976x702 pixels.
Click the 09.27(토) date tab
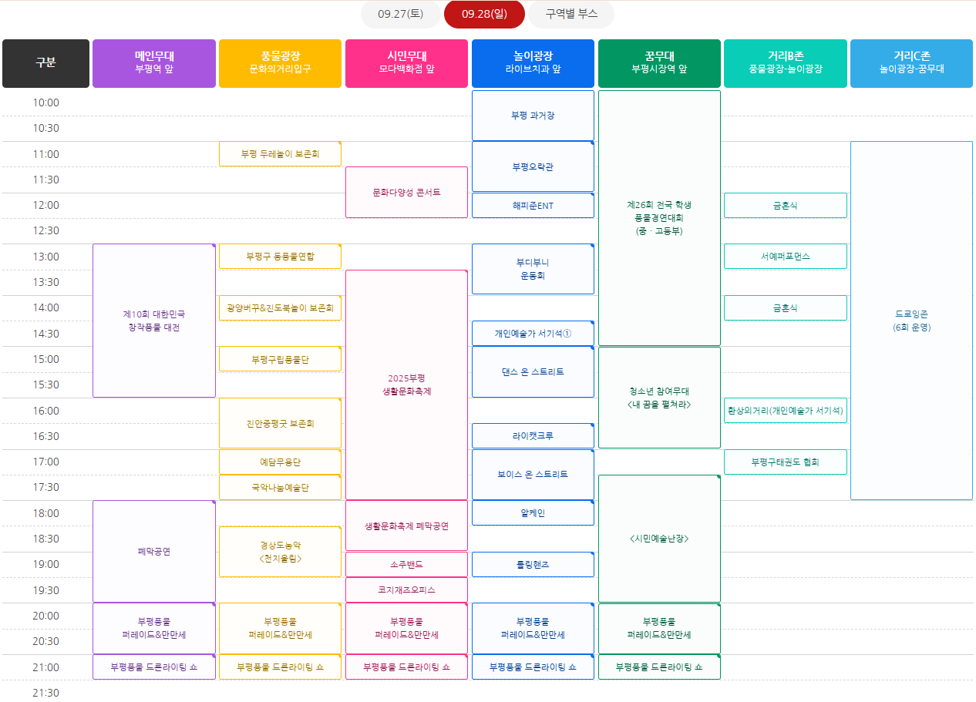coord(400,14)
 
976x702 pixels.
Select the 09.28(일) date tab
coord(483,14)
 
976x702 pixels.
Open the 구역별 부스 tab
coord(571,14)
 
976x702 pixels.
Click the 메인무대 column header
coord(154,63)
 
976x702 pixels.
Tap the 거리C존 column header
coord(911,63)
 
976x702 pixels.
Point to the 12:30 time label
coord(45,230)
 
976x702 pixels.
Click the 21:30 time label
coord(45,693)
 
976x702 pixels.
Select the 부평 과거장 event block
coord(533,116)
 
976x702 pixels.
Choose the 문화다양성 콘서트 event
coord(406,192)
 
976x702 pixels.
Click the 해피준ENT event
coord(533,206)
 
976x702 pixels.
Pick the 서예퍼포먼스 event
coord(785,256)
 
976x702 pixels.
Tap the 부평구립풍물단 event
coord(280,359)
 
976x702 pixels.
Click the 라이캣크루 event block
coord(533,435)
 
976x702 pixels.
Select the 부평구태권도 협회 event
coord(785,462)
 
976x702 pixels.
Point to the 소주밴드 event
coord(406,564)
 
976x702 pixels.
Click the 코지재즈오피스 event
coord(406,589)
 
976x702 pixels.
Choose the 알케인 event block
coord(533,512)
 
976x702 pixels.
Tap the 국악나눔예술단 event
coord(280,487)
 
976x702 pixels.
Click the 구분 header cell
coord(45,63)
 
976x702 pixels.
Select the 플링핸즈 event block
coord(533,564)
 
